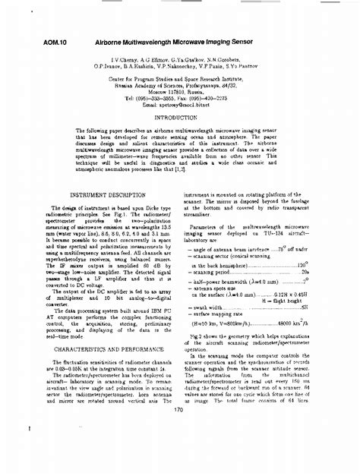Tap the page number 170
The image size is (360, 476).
[x=179, y=411]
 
